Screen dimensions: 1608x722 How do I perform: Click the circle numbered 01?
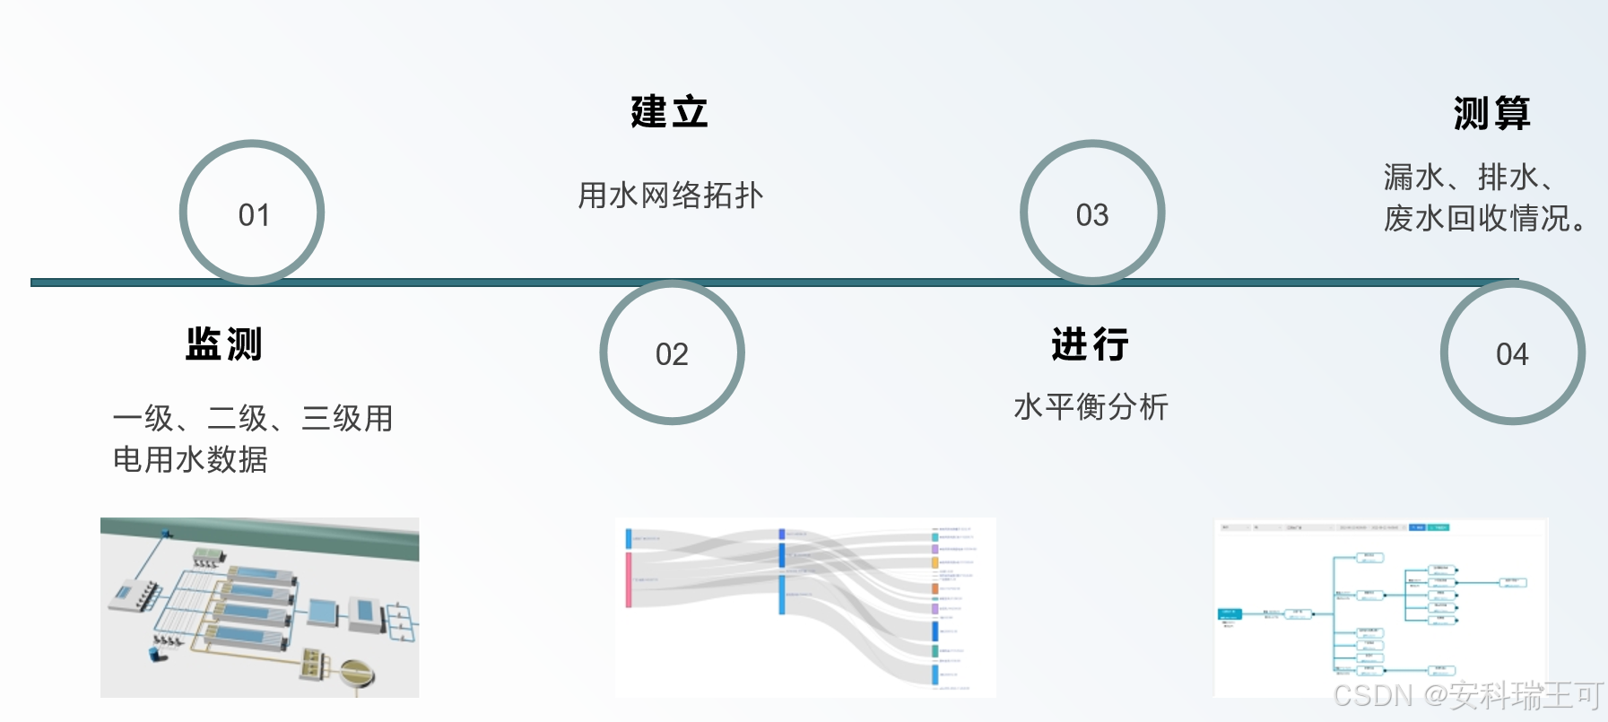coord(252,213)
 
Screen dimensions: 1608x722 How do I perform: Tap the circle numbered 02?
coord(672,353)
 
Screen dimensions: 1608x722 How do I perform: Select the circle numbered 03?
coord(1092,213)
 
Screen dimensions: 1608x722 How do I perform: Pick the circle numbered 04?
coord(1512,353)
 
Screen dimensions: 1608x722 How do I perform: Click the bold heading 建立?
coord(669,112)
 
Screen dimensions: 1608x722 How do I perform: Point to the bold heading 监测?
coord(224,344)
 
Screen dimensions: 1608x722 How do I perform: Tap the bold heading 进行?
coord(1091,344)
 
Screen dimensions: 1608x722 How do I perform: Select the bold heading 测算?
coord(1492,113)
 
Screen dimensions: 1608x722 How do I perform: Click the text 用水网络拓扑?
coord(670,195)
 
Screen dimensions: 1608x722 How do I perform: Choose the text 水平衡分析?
coord(1091,406)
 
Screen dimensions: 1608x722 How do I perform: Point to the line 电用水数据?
coord(190,459)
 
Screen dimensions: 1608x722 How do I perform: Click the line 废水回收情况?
coord(1484,218)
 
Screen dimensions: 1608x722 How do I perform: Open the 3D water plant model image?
coord(259,607)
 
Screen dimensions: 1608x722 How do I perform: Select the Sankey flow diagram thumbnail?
coord(804,607)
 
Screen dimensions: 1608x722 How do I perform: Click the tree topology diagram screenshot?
coord(1380,607)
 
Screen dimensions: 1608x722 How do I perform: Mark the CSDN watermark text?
coord(1467,695)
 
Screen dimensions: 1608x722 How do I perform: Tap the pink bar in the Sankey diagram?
coord(629,579)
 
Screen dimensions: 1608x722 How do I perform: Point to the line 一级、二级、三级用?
coord(253,418)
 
